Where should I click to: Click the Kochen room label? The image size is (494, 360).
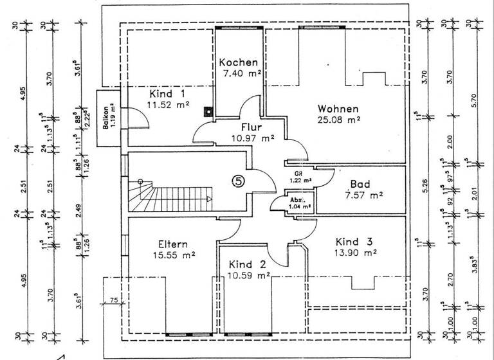pyautogui.click(x=239, y=63)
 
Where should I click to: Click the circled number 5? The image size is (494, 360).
pyautogui.click(x=237, y=181)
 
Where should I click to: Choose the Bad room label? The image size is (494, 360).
pyautogui.click(x=359, y=183)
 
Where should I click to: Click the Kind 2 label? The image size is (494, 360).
pyautogui.click(x=248, y=265)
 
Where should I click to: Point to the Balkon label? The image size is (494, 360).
pyautogui.click(x=105, y=119)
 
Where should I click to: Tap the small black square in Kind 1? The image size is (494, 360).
pyautogui.click(x=207, y=111)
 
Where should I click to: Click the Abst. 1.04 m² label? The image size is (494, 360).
pyautogui.click(x=299, y=204)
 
